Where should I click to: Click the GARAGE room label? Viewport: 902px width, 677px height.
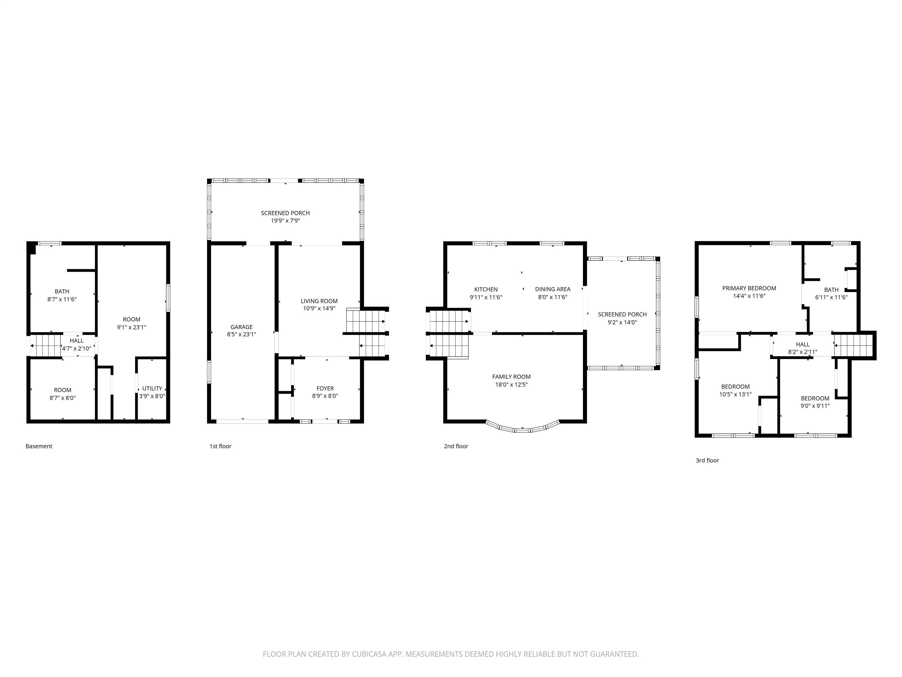click(241, 327)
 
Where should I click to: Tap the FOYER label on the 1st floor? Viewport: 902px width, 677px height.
click(325, 388)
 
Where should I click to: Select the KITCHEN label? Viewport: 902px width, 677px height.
click(486, 289)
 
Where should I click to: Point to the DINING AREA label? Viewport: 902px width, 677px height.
click(553, 289)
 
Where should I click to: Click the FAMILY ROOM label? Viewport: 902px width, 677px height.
click(511, 377)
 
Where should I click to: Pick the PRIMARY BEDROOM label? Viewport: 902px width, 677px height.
click(749, 288)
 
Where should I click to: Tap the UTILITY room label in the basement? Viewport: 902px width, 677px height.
click(152, 388)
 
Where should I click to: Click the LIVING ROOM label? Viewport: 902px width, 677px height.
click(319, 301)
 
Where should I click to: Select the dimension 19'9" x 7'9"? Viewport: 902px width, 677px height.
click(285, 221)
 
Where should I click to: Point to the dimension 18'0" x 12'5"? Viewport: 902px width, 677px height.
click(511, 384)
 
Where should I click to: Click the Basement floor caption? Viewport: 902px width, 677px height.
click(39, 446)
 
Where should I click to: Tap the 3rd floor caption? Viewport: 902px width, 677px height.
click(707, 460)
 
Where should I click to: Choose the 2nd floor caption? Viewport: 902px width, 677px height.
click(456, 446)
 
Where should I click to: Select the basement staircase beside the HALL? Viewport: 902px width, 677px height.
click(46, 346)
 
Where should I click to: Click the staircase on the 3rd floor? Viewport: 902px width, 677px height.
click(853, 346)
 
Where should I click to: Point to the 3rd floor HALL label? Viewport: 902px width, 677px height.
click(802, 344)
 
